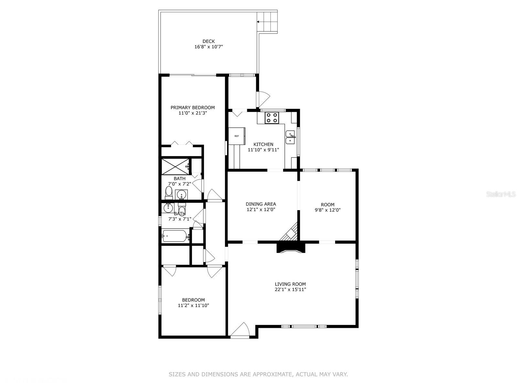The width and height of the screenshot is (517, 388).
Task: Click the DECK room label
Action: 208,41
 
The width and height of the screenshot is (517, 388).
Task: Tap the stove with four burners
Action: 272,118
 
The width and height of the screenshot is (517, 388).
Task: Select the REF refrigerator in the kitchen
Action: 237,136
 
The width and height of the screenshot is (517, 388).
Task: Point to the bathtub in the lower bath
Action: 175,236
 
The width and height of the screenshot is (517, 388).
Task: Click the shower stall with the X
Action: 175,167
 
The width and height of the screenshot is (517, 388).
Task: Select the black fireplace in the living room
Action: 290,248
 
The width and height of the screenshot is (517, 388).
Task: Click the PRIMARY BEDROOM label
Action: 193,108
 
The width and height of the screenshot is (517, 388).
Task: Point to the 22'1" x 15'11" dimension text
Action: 290,289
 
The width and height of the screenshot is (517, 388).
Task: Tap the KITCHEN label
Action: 263,144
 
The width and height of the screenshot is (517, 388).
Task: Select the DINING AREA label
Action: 261,204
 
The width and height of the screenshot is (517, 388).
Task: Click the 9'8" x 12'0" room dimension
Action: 328,210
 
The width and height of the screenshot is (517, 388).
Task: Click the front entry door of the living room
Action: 240,330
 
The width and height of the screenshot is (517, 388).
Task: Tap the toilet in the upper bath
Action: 169,193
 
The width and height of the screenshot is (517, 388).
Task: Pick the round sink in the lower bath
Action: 168,208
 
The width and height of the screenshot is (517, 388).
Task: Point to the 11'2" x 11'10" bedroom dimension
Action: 193,306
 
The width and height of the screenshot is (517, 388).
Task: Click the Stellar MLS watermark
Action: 501,194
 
